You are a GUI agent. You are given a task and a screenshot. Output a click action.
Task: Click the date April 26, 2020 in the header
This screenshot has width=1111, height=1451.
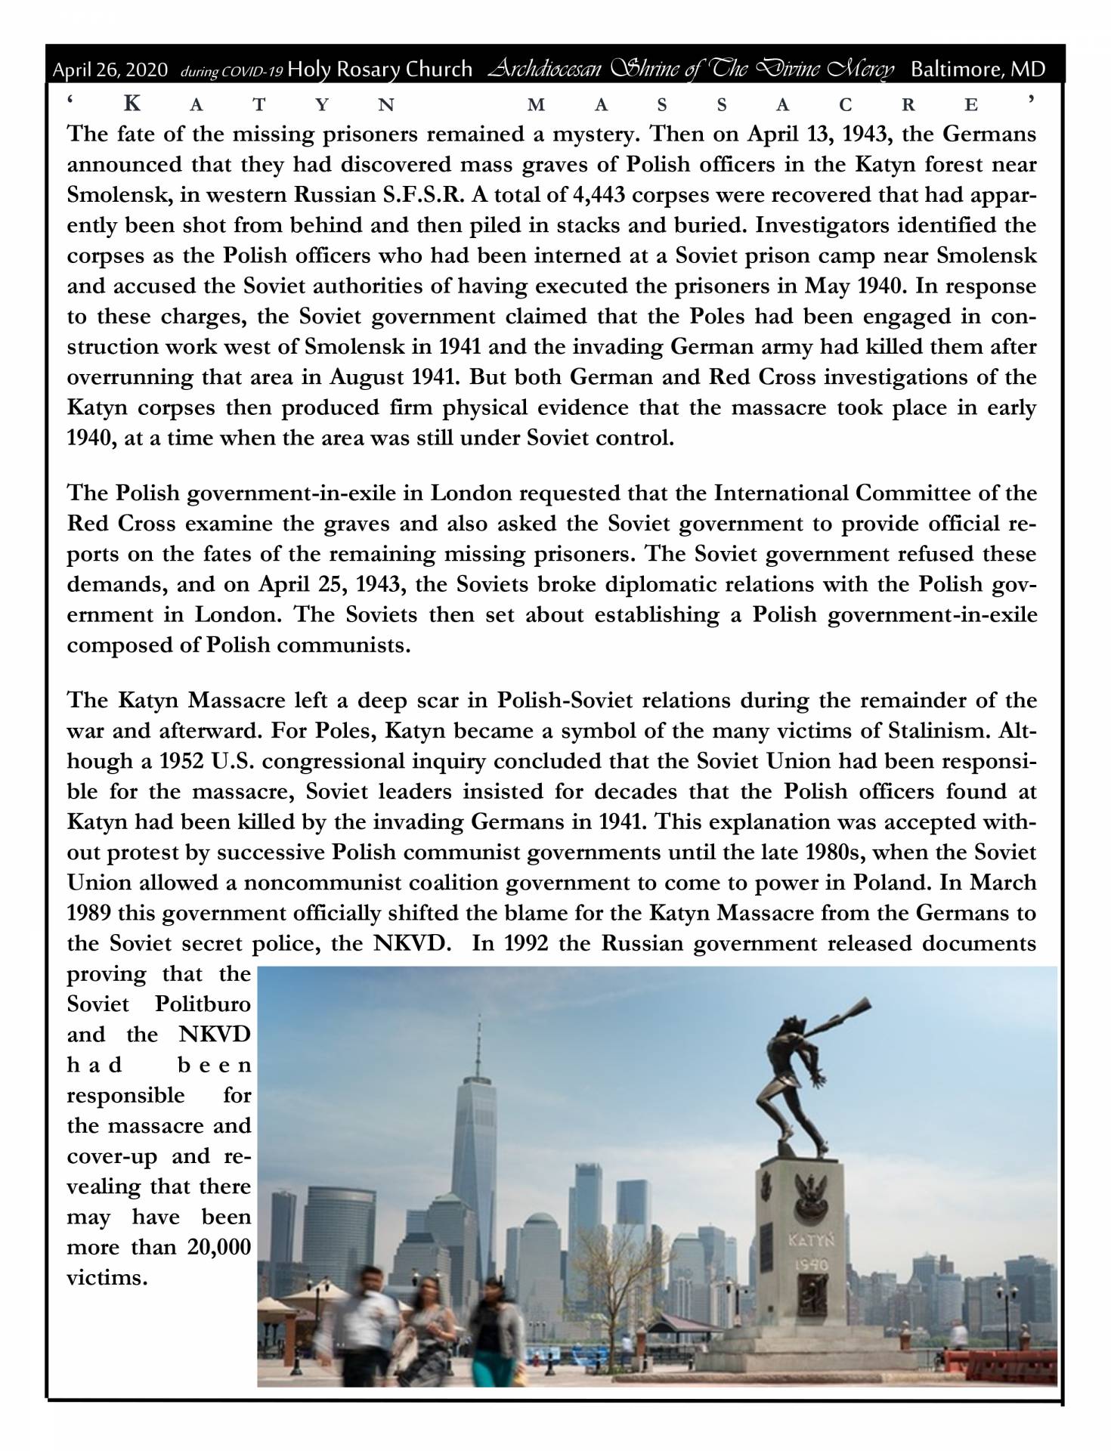110,70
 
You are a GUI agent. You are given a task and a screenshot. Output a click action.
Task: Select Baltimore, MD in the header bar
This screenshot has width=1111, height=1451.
978,70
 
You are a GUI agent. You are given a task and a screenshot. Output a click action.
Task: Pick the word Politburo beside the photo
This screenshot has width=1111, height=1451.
203,1004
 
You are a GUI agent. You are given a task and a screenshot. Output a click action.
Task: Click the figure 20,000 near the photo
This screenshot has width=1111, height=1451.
218,1247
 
